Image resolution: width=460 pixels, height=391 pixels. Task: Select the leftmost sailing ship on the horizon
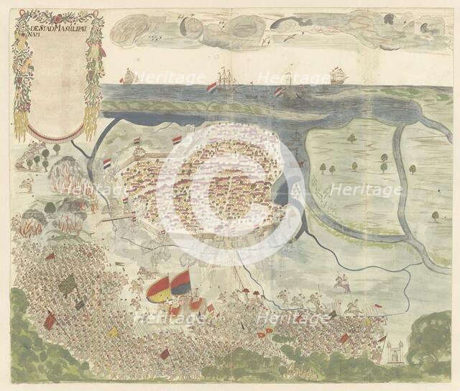(x=129, y=75)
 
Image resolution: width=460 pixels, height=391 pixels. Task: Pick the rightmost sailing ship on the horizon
(x=338, y=75)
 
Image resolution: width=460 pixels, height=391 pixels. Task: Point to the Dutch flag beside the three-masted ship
(x=211, y=88)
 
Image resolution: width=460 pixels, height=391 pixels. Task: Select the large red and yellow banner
(x=157, y=289)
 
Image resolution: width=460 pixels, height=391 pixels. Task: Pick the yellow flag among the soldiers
(x=112, y=332)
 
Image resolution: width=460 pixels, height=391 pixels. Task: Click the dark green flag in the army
(x=68, y=285)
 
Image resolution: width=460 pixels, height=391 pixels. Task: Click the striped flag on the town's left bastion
(x=106, y=163)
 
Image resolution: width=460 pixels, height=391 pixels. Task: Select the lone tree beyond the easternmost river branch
(x=435, y=216)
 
